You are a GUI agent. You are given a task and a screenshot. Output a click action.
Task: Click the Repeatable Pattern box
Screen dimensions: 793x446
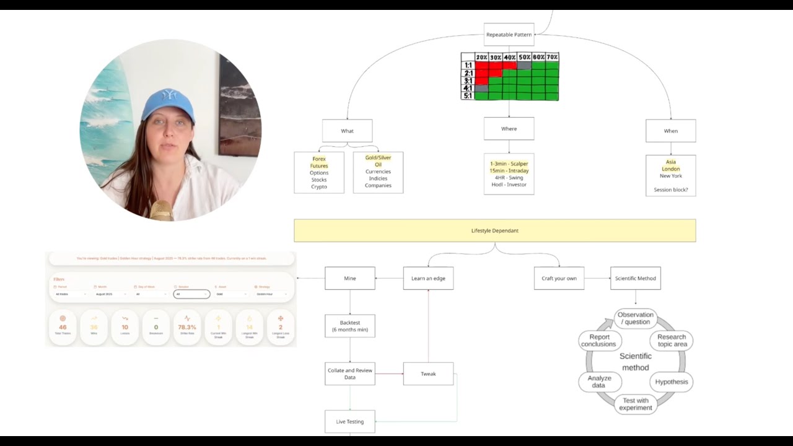pyautogui.click(x=509, y=35)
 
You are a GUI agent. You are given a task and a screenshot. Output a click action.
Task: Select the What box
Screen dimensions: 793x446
pyautogui.click(x=347, y=131)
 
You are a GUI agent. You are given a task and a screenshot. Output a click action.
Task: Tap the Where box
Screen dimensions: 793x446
pyautogui.click(x=509, y=129)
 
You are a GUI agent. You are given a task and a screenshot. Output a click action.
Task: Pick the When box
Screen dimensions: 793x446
pyautogui.click(x=670, y=131)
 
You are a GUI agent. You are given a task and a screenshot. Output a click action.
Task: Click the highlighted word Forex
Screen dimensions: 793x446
pyautogui.click(x=319, y=159)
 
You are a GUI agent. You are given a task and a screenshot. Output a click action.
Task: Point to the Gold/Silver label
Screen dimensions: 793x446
pyautogui.click(x=378, y=158)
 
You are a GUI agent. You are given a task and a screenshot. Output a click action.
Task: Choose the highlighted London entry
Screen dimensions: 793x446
pyautogui.click(x=670, y=169)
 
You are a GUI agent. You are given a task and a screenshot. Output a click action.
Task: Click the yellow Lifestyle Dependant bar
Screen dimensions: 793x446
pyautogui.click(x=494, y=230)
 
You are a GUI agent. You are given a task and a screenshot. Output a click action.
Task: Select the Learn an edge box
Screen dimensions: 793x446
pyautogui.click(x=428, y=278)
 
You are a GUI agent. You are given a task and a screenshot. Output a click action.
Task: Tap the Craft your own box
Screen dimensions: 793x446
pyautogui.click(x=559, y=278)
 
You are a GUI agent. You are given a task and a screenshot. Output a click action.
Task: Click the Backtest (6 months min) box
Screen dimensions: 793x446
pyautogui.click(x=349, y=326)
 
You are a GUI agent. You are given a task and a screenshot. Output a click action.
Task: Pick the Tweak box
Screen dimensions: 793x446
pyautogui.click(x=428, y=374)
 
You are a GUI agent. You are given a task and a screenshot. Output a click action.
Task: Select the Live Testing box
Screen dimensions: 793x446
pyautogui.click(x=349, y=422)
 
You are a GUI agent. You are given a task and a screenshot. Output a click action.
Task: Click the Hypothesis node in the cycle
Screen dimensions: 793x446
pyautogui.click(x=672, y=382)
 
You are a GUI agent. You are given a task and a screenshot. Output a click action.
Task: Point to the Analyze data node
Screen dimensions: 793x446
pyautogui.click(x=599, y=382)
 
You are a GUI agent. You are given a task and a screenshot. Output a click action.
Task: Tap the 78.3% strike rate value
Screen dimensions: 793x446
pyautogui.click(x=187, y=327)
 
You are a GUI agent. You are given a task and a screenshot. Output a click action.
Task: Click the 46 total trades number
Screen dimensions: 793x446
pyautogui.click(x=63, y=327)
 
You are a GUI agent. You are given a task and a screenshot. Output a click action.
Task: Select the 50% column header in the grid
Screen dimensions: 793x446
pyautogui.click(x=524, y=57)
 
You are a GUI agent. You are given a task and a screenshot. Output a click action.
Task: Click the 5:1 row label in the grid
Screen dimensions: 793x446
pyautogui.click(x=468, y=96)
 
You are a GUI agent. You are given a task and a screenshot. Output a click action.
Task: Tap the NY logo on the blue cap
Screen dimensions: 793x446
pyautogui.click(x=169, y=95)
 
